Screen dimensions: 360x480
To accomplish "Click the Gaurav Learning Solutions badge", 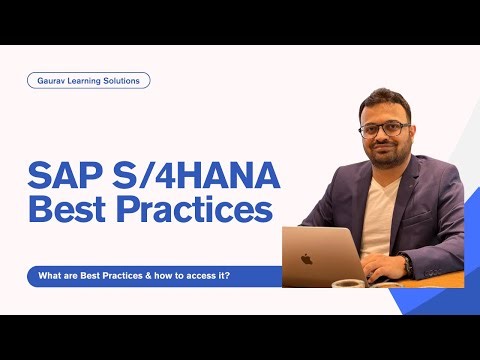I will click(x=88, y=81).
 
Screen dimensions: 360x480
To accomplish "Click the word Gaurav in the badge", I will click(x=53, y=81).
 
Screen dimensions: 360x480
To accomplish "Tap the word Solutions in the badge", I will click(x=124, y=81).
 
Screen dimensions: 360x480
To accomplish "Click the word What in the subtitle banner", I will click(x=48, y=277).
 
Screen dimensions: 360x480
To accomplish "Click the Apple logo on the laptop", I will click(x=306, y=258).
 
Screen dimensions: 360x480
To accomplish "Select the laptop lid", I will click(x=316, y=256).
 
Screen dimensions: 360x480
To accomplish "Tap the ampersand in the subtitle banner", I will click(x=148, y=277).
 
